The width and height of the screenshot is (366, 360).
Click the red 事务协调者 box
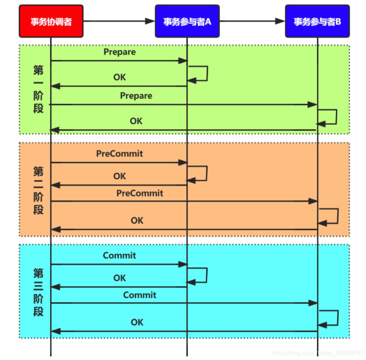tap(51, 21)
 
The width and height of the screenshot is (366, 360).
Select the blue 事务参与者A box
tap(187, 21)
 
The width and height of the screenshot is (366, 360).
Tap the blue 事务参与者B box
tap(317, 21)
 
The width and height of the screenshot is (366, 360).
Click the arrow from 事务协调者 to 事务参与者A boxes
tap(119, 21)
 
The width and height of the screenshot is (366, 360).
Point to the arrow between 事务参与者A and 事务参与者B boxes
tap(252, 21)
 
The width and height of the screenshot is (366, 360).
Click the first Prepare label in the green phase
tap(120, 52)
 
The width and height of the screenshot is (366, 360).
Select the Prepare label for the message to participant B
tap(136, 96)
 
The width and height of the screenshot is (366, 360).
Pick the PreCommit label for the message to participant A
tap(120, 154)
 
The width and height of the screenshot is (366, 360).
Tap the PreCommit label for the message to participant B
tap(140, 193)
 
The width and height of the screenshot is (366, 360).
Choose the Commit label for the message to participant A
tap(119, 255)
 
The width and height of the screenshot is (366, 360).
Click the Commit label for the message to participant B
tap(140, 295)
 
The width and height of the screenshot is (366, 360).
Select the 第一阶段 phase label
tap(38, 89)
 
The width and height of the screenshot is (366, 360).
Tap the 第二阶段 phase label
tap(38, 191)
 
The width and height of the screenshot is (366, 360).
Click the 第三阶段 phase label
tap(38, 292)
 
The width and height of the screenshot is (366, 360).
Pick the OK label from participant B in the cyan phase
tap(137, 322)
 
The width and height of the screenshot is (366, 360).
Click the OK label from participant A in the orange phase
tap(120, 176)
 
